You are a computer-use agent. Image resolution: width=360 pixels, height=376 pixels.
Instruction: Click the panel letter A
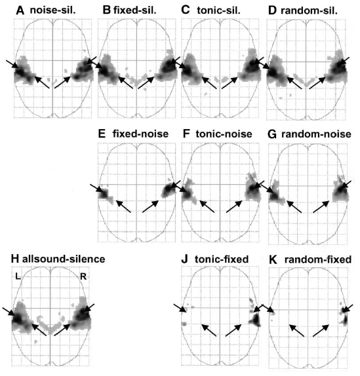coord(20,10)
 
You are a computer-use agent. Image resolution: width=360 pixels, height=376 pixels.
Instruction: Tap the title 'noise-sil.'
coord(53,10)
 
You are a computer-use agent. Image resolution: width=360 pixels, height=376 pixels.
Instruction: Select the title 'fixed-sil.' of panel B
coord(135,10)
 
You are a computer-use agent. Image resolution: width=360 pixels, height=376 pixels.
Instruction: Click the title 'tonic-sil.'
coord(218,10)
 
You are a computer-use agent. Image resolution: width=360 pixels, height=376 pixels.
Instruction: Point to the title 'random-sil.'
coord(309,10)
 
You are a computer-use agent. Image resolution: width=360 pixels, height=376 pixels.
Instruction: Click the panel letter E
coord(102,134)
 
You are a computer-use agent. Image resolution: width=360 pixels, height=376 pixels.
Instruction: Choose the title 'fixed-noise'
coord(140,134)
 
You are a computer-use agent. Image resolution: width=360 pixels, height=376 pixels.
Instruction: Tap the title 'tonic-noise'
coord(224,134)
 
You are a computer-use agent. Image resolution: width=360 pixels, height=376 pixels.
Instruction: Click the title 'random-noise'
coord(316,134)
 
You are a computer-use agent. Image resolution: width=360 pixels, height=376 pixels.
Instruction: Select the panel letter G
coord(272,134)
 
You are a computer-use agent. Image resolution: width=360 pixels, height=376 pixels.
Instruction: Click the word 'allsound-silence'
coord(64,259)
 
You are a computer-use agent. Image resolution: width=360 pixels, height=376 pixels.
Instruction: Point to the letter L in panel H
coord(18,276)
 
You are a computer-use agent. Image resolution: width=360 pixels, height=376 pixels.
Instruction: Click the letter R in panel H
coord(83,276)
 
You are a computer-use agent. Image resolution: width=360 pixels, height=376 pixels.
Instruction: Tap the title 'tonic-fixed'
coord(222,259)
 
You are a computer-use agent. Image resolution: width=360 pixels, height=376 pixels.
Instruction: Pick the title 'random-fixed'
coord(318,259)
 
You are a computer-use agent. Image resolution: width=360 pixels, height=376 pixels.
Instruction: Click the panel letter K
coord(273,259)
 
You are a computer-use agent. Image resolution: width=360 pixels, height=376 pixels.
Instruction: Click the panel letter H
coord(15,259)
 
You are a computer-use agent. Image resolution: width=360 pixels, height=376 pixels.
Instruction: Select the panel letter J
coord(184,259)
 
